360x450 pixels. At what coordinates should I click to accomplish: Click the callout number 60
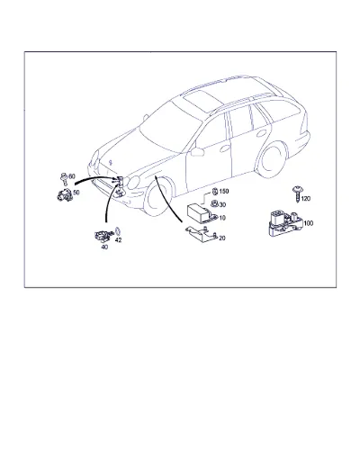point(72,176)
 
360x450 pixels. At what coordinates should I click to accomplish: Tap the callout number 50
point(76,193)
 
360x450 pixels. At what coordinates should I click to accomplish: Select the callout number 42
point(119,240)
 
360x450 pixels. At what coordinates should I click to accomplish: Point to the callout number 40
point(104,247)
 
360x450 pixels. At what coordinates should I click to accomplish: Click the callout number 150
point(224,192)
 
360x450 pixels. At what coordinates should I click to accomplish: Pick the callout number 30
point(222,205)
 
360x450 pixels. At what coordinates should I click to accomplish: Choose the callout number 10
point(222,218)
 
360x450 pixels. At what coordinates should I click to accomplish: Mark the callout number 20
point(222,238)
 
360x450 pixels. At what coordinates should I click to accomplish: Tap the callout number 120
point(306,199)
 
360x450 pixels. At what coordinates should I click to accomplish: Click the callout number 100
point(309,223)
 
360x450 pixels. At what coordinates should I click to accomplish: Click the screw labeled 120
point(297,194)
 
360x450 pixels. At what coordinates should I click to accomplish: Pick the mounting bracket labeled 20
point(202,234)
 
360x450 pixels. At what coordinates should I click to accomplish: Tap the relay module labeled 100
point(284,224)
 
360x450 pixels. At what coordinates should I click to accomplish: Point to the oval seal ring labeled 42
point(118,231)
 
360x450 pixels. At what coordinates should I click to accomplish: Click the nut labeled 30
point(214,204)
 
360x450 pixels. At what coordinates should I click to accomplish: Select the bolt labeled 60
point(64,179)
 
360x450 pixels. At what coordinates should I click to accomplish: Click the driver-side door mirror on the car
point(197,151)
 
